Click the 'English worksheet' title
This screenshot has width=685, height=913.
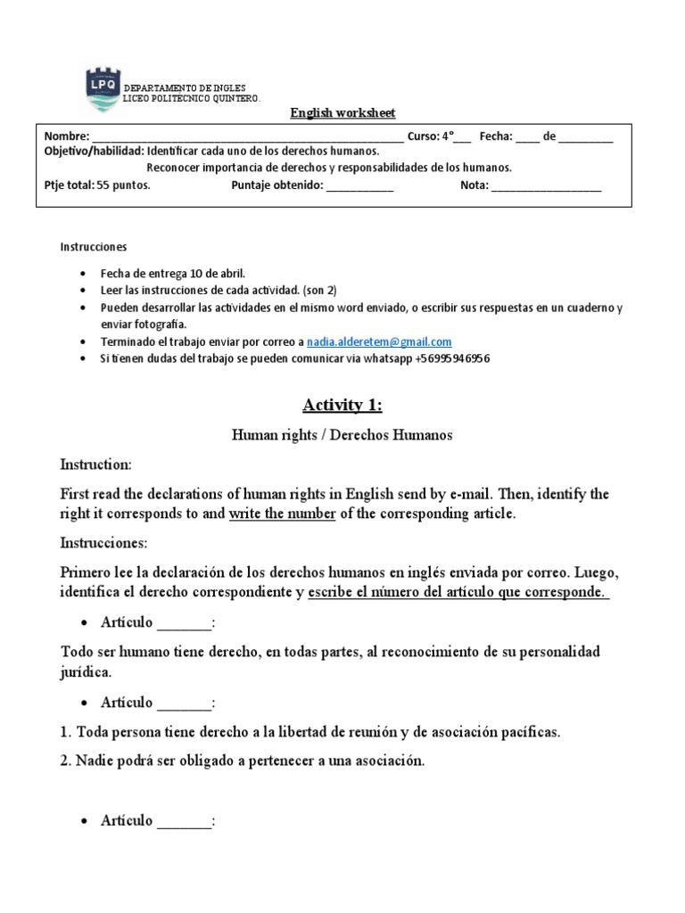pyautogui.click(x=342, y=113)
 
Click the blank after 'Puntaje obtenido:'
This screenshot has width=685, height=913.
pyautogui.click(x=359, y=187)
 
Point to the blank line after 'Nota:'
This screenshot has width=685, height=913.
pyautogui.click(x=546, y=187)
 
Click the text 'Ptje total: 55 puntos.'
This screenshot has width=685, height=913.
pyautogui.click(x=97, y=186)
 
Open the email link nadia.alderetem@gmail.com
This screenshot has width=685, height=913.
pyautogui.click(x=378, y=341)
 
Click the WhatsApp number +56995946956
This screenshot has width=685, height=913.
pyautogui.click(x=452, y=358)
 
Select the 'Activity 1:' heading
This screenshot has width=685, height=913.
pyautogui.click(x=342, y=406)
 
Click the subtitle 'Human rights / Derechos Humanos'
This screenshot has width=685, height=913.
pyautogui.click(x=342, y=435)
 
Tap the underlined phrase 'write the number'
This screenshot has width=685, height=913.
pyautogui.click(x=282, y=514)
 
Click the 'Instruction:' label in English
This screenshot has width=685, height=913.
pyautogui.click(x=95, y=465)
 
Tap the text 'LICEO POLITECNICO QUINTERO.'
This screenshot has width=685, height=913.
pyautogui.click(x=191, y=99)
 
